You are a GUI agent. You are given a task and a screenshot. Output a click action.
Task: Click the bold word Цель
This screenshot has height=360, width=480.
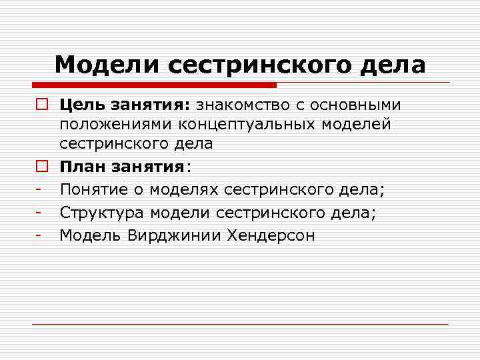[82, 105]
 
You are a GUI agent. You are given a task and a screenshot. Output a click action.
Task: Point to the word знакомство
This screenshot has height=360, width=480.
[244, 105]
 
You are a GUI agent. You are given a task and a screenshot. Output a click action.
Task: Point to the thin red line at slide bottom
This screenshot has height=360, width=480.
[240, 324]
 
